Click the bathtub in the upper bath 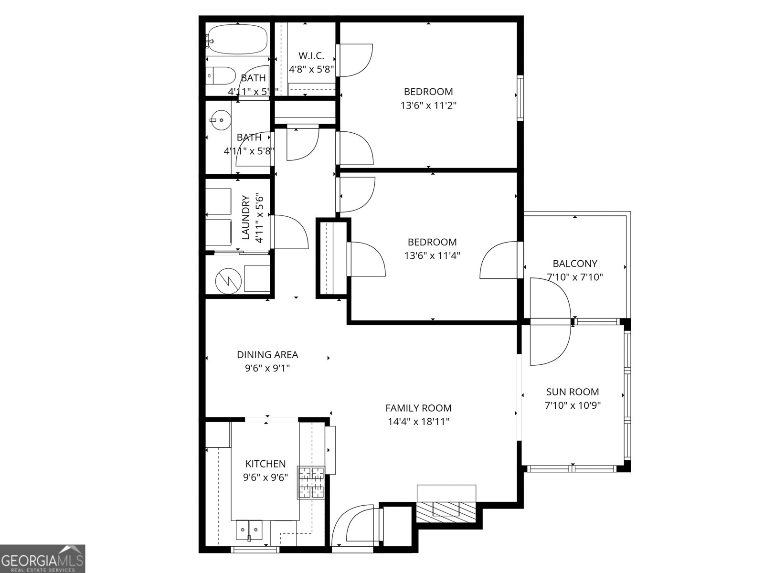pyautogui.click(x=237, y=39)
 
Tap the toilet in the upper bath pyautogui.click(x=222, y=75)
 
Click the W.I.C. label pyautogui.click(x=311, y=56)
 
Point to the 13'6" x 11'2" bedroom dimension pyautogui.click(x=428, y=105)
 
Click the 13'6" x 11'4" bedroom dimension pyautogui.click(x=432, y=255)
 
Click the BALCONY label pyautogui.click(x=574, y=264)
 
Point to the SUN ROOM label pyautogui.click(x=572, y=392)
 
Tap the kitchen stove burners pyautogui.click(x=311, y=482)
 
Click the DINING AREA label pyautogui.click(x=267, y=355)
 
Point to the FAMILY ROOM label pyautogui.click(x=418, y=408)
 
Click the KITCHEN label pyautogui.click(x=265, y=464)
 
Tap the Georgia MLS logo pyautogui.click(x=42, y=558)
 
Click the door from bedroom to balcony pyautogui.click(x=499, y=260)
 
